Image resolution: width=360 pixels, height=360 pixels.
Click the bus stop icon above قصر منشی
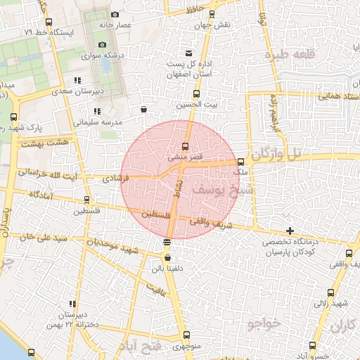[x=185, y=146]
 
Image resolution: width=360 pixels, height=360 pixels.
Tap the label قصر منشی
[x=185, y=157]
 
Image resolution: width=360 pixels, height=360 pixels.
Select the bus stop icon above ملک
[x=241, y=162]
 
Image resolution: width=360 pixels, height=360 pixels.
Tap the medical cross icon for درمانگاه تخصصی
[x=290, y=231]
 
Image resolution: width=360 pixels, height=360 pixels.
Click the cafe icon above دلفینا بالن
[x=167, y=258]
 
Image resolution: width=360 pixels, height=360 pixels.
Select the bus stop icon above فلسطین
[x=86, y=200]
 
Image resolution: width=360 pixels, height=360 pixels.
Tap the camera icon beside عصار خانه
[x=115, y=15]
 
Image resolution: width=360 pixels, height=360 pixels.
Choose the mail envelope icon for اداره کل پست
[x=188, y=54]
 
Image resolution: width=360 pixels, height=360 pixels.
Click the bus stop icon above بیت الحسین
[x=196, y=94]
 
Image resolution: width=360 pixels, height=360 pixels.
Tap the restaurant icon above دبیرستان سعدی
[x=77, y=80]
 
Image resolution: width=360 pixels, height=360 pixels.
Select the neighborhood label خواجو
[x=264, y=323]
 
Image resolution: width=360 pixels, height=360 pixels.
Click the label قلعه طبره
[x=286, y=55]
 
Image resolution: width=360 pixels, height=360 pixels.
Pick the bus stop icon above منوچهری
[x=186, y=335]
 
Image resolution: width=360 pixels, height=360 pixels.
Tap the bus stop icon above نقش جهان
[x=195, y=13]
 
